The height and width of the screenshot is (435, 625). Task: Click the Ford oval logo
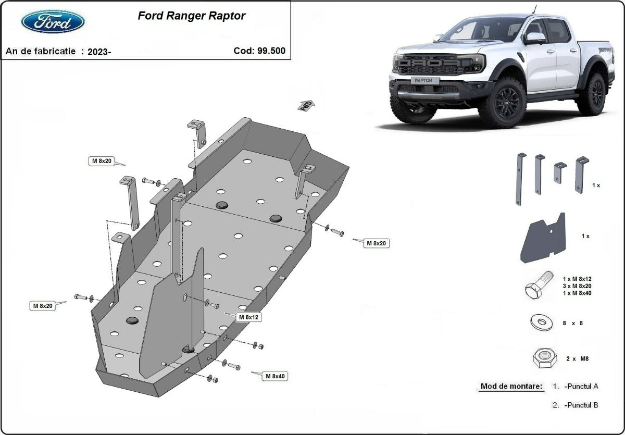click(53, 21)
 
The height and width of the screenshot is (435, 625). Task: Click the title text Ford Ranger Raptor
click(191, 16)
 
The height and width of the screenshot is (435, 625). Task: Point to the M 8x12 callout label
click(249, 317)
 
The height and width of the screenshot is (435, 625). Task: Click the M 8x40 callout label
click(276, 376)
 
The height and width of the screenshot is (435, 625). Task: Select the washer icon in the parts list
click(542, 323)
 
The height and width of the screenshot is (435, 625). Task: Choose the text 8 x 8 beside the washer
click(572, 323)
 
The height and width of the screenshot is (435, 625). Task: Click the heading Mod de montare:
click(511, 386)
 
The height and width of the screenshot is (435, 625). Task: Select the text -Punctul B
click(581, 405)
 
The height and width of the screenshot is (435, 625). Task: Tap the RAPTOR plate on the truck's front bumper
click(427, 81)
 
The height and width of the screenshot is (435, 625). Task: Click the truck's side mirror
click(534, 38)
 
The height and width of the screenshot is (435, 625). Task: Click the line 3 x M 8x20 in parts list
click(577, 285)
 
